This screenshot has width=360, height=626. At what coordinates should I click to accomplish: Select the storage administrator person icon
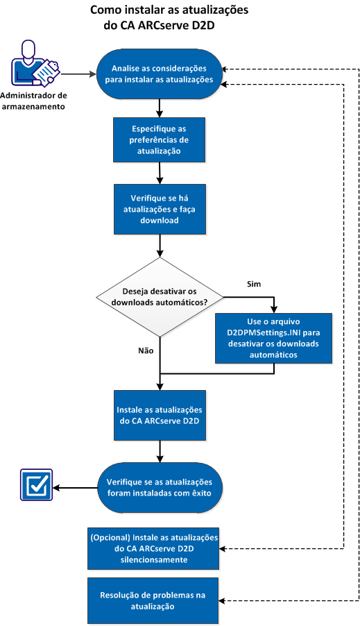point(33,64)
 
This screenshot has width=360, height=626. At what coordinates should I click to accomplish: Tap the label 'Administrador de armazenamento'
point(33,101)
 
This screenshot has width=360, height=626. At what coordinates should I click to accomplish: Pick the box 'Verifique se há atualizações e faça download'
point(160,209)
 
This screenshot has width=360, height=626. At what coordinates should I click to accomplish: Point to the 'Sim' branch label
point(255,285)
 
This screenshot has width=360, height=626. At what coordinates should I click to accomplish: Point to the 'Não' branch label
point(145,350)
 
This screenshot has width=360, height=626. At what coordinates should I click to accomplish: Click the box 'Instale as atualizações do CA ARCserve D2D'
point(160,414)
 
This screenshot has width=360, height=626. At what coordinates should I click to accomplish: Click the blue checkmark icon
point(35,487)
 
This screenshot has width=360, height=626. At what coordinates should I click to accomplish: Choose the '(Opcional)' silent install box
point(154,548)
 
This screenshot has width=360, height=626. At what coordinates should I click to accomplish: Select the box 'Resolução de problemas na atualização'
point(154,600)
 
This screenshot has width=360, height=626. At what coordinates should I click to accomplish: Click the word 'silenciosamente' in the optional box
point(154,558)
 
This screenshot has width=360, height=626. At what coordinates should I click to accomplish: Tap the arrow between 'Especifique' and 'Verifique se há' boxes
point(160,171)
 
